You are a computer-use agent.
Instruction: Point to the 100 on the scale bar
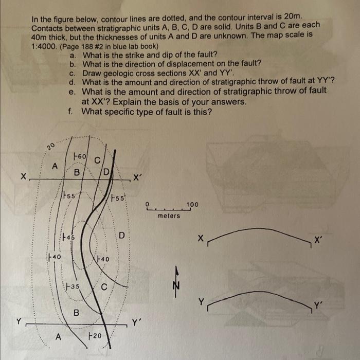pyautogui.click(x=192, y=205)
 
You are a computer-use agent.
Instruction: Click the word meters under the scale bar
pyautogui.click(x=169, y=216)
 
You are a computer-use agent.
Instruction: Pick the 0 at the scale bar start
pyautogui.click(x=148, y=205)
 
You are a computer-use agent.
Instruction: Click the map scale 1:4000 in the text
pyautogui.click(x=43, y=46)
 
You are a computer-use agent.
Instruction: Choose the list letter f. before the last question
pyautogui.click(x=69, y=111)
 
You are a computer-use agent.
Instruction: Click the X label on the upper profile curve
pyautogui.click(x=201, y=239)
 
